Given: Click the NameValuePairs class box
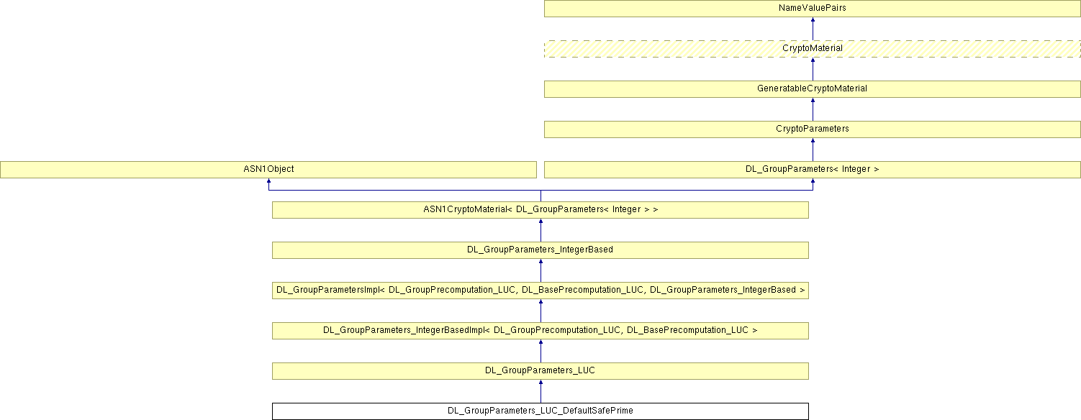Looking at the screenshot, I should click(x=812, y=9).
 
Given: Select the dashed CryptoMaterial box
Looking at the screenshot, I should click(x=812, y=48).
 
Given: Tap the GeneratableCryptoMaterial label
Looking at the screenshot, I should click(x=812, y=88).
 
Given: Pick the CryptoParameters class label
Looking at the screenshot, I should click(x=812, y=129).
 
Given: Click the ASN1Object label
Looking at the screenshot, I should click(x=268, y=169).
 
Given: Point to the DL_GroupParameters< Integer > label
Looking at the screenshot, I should click(x=812, y=169).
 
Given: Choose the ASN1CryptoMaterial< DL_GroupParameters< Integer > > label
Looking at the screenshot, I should click(x=540, y=209).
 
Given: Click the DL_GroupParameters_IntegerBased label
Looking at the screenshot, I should click(x=540, y=250).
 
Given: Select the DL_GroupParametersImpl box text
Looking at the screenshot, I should click(x=540, y=290).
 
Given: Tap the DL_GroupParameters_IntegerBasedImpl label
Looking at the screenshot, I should click(x=540, y=330).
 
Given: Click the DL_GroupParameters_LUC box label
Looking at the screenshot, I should click(x=540, y=370).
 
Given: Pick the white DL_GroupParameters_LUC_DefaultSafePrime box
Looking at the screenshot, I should click(x=540, y=411).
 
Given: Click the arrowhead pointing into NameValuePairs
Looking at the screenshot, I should click(x=813, y=21).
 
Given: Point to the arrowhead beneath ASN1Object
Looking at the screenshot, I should click(x=268, y=182).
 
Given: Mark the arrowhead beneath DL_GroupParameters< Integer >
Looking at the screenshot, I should click(x=813, y=182).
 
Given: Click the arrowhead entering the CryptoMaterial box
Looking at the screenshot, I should click(x=813, y=61).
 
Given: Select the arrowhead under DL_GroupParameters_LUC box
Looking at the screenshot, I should click(x=540, y=383).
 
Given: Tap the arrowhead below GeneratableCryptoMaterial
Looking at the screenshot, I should click(x=813, y=101).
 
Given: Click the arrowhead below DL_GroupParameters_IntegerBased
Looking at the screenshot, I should click(x=540, y=262).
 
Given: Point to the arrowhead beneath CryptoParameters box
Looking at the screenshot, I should click(x=813, y=142).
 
